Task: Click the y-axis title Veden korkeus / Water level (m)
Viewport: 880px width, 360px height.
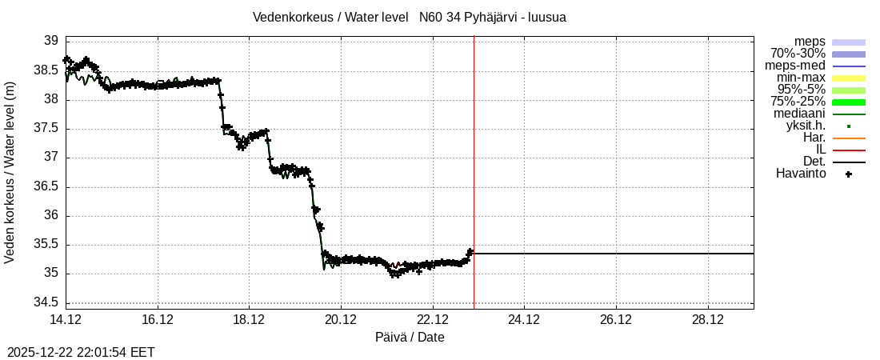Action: pos(10,172)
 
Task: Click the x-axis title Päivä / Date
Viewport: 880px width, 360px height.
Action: pos(410,338)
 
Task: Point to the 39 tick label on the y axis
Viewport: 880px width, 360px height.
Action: pos(50,41)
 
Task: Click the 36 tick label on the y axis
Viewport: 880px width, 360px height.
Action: pos(50,215)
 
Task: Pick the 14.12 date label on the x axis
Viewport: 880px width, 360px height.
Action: pos(66,320)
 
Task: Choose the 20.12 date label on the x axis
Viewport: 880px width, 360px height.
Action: pos(341,320)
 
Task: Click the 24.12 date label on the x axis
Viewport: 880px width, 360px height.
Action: pos(524,320)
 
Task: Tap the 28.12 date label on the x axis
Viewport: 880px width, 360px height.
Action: pos(707,320)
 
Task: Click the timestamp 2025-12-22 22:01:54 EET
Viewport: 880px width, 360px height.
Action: pos(81,352)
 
